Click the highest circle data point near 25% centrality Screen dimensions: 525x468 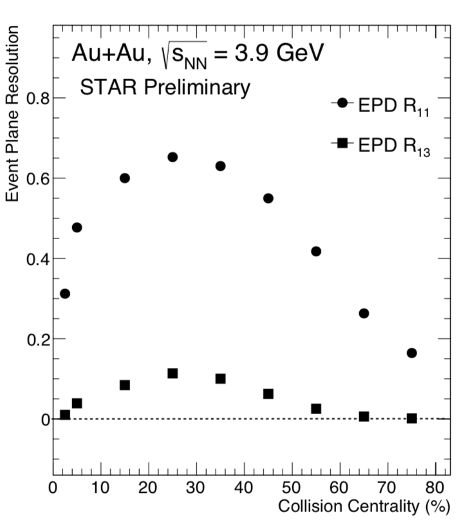coord(173,157)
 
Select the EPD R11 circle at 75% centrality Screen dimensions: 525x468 coord(412,353)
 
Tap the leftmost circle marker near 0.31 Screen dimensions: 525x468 coord(64,294)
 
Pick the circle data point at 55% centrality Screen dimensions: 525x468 coord(316,251)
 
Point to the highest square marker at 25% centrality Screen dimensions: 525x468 coord(173,374)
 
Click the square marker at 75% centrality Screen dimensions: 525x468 coord(412,419)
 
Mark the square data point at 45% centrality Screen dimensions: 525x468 coord(268,394)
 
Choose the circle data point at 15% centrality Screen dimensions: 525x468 coord(125,178)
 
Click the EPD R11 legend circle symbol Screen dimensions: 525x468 coord(342,103)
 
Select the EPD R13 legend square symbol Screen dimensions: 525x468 coord(342,144)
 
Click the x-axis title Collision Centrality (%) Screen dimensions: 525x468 coord(363,507)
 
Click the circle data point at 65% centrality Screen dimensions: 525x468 coord(364,313)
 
